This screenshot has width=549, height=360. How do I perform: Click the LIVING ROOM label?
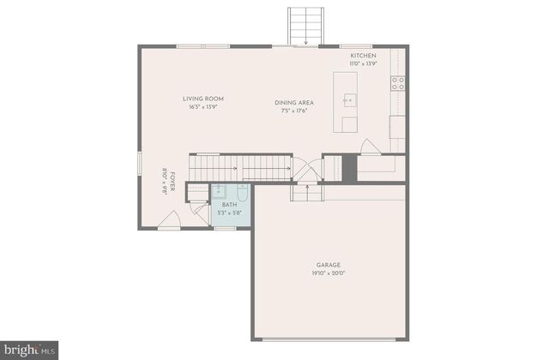coord(202,99)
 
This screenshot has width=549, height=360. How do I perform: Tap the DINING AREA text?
coord(293,102)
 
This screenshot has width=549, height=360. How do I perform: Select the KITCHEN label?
coord(363,56)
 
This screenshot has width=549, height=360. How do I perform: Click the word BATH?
coord(229,205)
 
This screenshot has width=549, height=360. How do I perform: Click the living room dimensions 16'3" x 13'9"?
coord(202,108)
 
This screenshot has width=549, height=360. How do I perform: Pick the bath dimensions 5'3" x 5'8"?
coord(229,213)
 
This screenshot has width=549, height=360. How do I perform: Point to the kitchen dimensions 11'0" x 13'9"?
coord(363,64)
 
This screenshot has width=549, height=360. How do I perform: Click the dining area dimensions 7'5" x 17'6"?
coord(293,111)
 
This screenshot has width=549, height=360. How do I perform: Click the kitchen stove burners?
coord(398,83)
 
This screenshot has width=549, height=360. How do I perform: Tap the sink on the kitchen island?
coord(349,100)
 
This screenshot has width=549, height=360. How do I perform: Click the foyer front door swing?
coord(170,222)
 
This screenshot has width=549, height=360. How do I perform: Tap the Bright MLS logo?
coord(29,349)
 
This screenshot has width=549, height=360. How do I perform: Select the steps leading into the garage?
coord(305,192)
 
